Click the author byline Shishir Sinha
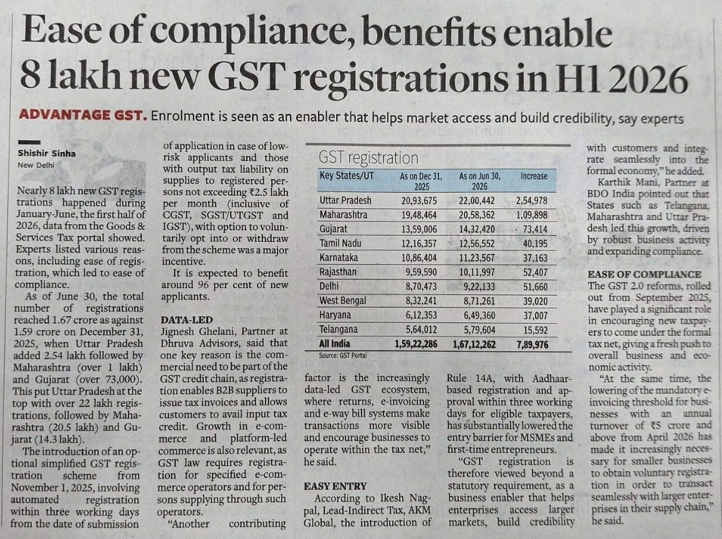[47, 153]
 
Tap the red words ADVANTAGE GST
[84, 115]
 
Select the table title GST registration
[368, 158]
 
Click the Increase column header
[534, 176]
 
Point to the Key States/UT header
[347, 175]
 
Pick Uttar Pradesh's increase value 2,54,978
[532, 201]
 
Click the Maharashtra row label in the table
[344, 215]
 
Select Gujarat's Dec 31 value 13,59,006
[419, 230]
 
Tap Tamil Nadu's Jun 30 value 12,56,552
[476, 244]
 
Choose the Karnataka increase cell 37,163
[535, 258]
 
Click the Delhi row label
[329, 286]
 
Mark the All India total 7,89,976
[532, 344]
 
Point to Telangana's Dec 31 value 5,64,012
[421, 330]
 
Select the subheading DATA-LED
[186, 319]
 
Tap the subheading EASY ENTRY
[335, 486]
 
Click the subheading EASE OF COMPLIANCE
[645, 274]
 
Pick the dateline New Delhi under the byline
[36, 165]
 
